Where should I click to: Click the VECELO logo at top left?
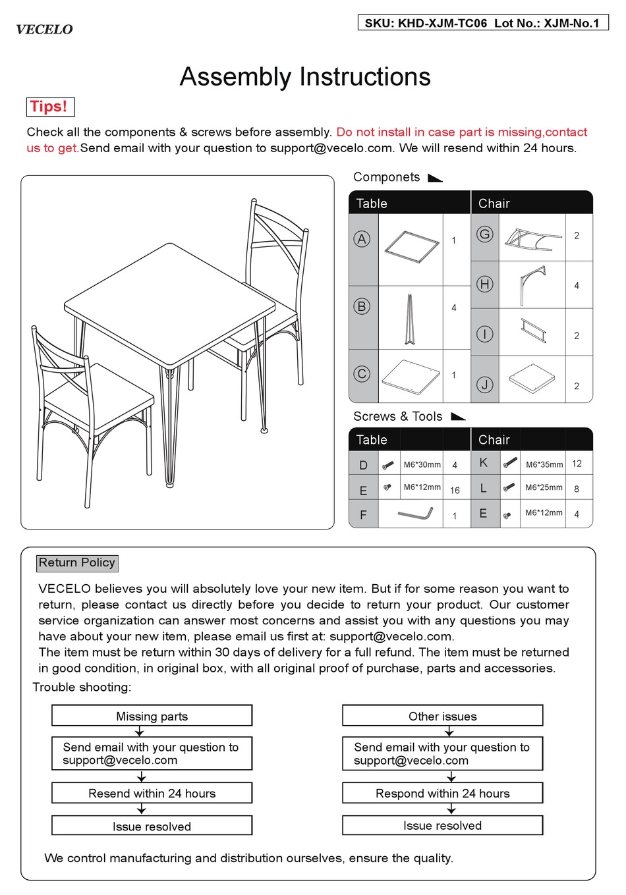click(44, 30)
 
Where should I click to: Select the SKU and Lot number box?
click(482, 23)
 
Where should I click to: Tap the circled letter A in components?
click(362, 239)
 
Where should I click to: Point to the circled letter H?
click(484, 284)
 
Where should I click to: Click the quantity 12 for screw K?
click(577, 464)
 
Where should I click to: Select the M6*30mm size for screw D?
click(422, 464)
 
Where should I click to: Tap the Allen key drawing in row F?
click(415, 513)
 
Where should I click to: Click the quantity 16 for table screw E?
click(455, 490)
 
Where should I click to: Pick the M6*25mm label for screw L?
click(544, 487)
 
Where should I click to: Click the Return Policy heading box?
click(77, 562)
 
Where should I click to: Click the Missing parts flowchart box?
click(152, 716)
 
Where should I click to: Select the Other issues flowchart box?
click(442, 716)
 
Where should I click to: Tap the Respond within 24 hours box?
click(442, 793)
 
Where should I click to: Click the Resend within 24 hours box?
click(152, 793)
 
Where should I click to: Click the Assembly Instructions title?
click(305, 77)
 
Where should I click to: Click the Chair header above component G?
click(494, 203)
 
